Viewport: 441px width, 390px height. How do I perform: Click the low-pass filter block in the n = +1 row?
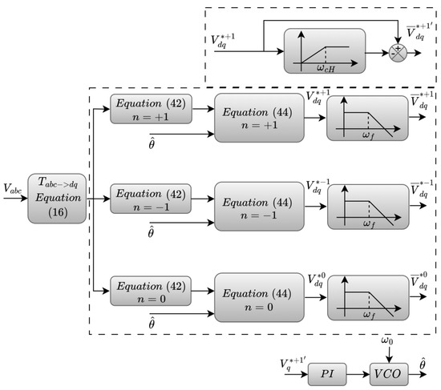368,119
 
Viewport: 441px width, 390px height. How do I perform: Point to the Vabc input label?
13,190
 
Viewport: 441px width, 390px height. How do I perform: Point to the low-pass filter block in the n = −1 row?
368,207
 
